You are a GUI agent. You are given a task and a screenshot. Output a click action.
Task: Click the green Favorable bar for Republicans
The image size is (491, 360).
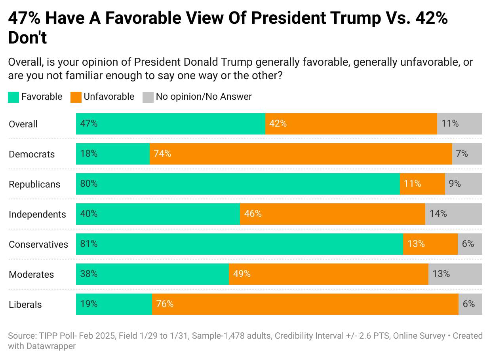click(238, 184)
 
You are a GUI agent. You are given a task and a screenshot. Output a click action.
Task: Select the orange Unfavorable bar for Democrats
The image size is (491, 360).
click(301, 154)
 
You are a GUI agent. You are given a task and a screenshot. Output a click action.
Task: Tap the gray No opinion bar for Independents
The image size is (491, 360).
click(454, 214)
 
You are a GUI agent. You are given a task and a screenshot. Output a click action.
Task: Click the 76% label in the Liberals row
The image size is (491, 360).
click(165, 304)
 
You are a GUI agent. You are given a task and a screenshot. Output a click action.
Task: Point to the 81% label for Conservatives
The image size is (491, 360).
click(89, 244)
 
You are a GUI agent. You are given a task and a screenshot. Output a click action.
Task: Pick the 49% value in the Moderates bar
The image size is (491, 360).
click(242, 274)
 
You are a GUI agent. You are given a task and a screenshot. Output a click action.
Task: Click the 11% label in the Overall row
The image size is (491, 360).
click(450, 124)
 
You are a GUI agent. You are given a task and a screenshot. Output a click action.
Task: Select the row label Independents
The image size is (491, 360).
click(37, 214)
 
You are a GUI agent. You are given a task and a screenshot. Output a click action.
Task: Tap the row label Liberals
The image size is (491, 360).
click(25, 305)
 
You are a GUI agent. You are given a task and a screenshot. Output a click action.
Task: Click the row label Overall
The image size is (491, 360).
click(23, 124)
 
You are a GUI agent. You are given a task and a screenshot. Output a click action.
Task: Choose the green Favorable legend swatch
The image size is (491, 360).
click(13, 97)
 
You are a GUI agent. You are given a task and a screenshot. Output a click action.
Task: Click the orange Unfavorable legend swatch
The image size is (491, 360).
click(76, 97)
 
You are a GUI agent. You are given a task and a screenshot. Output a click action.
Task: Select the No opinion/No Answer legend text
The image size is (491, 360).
click(204, 97)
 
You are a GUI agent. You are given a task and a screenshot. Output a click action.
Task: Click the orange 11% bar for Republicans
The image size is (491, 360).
click(422, 184)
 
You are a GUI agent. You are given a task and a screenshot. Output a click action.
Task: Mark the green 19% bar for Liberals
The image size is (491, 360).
click(114, 304)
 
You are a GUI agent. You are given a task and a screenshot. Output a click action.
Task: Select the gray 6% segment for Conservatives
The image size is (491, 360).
click(470, 244)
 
